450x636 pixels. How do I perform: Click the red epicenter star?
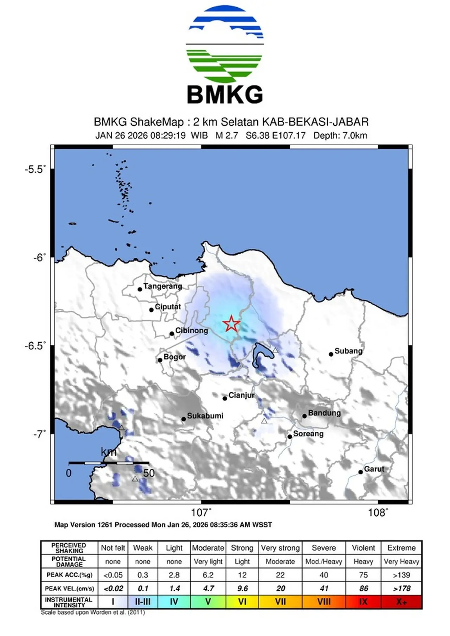pos(231,324)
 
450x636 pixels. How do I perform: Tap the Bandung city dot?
pos(304,416)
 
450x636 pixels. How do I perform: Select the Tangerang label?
pos(163,286)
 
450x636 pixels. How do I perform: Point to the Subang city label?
pos(348,351)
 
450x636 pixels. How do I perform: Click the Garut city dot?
pos(360,472)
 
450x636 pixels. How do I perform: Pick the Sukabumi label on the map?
pos(205,416)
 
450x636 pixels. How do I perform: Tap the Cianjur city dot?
pos(225,398)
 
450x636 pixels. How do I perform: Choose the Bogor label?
pos(174,357)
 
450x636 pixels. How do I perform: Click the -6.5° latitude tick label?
pos(36,346)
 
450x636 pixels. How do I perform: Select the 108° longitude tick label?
pos(378,513)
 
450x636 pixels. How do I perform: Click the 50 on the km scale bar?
pos(149,473)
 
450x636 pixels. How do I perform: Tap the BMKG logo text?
pos(225,94)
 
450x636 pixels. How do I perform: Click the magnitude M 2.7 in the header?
pos(227,135)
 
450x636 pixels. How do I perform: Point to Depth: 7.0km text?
pos(340,135)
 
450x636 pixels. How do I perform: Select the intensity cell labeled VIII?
pos(324,602)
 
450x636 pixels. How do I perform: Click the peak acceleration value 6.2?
pos(208,575)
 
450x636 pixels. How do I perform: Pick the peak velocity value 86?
pos(364,588)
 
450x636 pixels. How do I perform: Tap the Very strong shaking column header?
pos(280,548)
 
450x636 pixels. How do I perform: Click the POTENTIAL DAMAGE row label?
pos(69,562)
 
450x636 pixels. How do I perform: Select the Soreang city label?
pos(308,433)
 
